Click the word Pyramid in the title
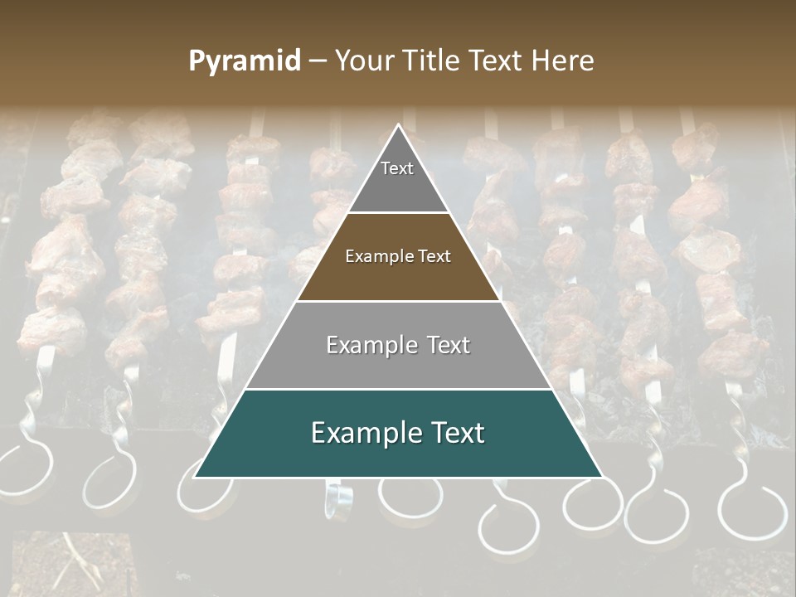[x=244, y=61]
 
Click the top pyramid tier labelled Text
[x=398, y=178]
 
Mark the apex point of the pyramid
[x=398, y=125]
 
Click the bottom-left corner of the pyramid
[x=194, y=477]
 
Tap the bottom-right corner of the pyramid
[x=602, y=477]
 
